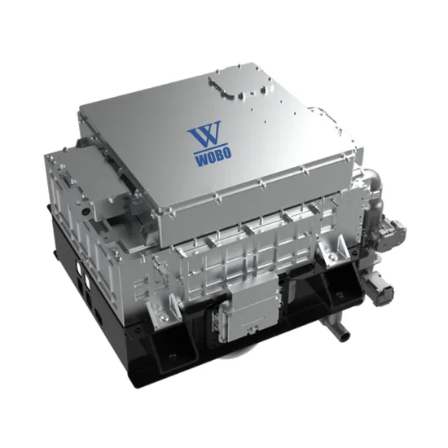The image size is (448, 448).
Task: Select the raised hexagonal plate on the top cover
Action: (x=235, y=82)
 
